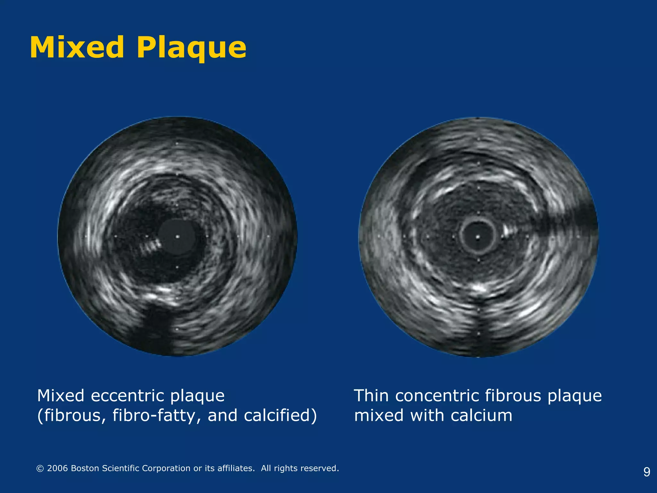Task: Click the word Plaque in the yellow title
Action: [192, 49]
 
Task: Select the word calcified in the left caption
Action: [278, 415]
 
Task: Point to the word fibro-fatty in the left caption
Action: [157, 415]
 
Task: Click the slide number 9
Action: [647, 472]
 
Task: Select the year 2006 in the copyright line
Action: [57, 468]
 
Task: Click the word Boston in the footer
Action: [85, 468]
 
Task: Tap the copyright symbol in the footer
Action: [40, 469]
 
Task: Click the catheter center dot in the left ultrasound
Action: [177, 237]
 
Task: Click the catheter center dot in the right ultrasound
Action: [478, 237]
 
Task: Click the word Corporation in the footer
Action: [166, 468]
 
